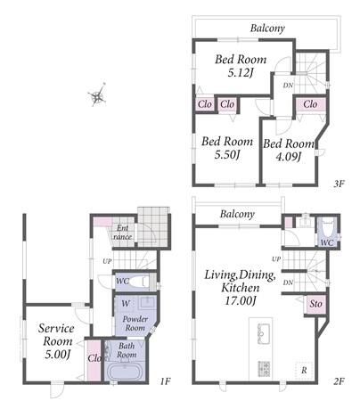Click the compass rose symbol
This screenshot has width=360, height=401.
[x=97, y=95]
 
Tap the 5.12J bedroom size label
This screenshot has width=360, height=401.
[x=241, y=73]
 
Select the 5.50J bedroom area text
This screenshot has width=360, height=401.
[x=227, y=154]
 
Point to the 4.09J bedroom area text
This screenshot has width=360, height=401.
[x=289, y=157]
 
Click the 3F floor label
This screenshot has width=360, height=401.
[x=339, y=184]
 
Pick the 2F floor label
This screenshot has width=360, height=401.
[x=339, y=381]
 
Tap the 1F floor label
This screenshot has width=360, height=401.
[x=165, y=381]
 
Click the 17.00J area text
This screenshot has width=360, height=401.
[x=241, y=300]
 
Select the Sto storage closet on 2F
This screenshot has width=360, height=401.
[x=315, y=304]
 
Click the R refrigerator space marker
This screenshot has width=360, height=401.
[x=304, y=371]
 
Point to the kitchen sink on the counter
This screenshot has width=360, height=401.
[x=263, y=333]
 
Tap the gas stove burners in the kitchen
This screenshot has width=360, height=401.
[x=264, y=369]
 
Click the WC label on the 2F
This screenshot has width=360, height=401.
[x=327, y=242]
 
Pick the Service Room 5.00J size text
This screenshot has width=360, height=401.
[x=57, y=355]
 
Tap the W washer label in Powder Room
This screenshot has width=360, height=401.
[x=126, y=304]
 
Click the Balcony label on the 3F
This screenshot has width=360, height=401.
[x=267, y=29]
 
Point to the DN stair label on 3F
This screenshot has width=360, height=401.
[x=288, y=86]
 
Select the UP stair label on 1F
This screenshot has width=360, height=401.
[x=107, y=261]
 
